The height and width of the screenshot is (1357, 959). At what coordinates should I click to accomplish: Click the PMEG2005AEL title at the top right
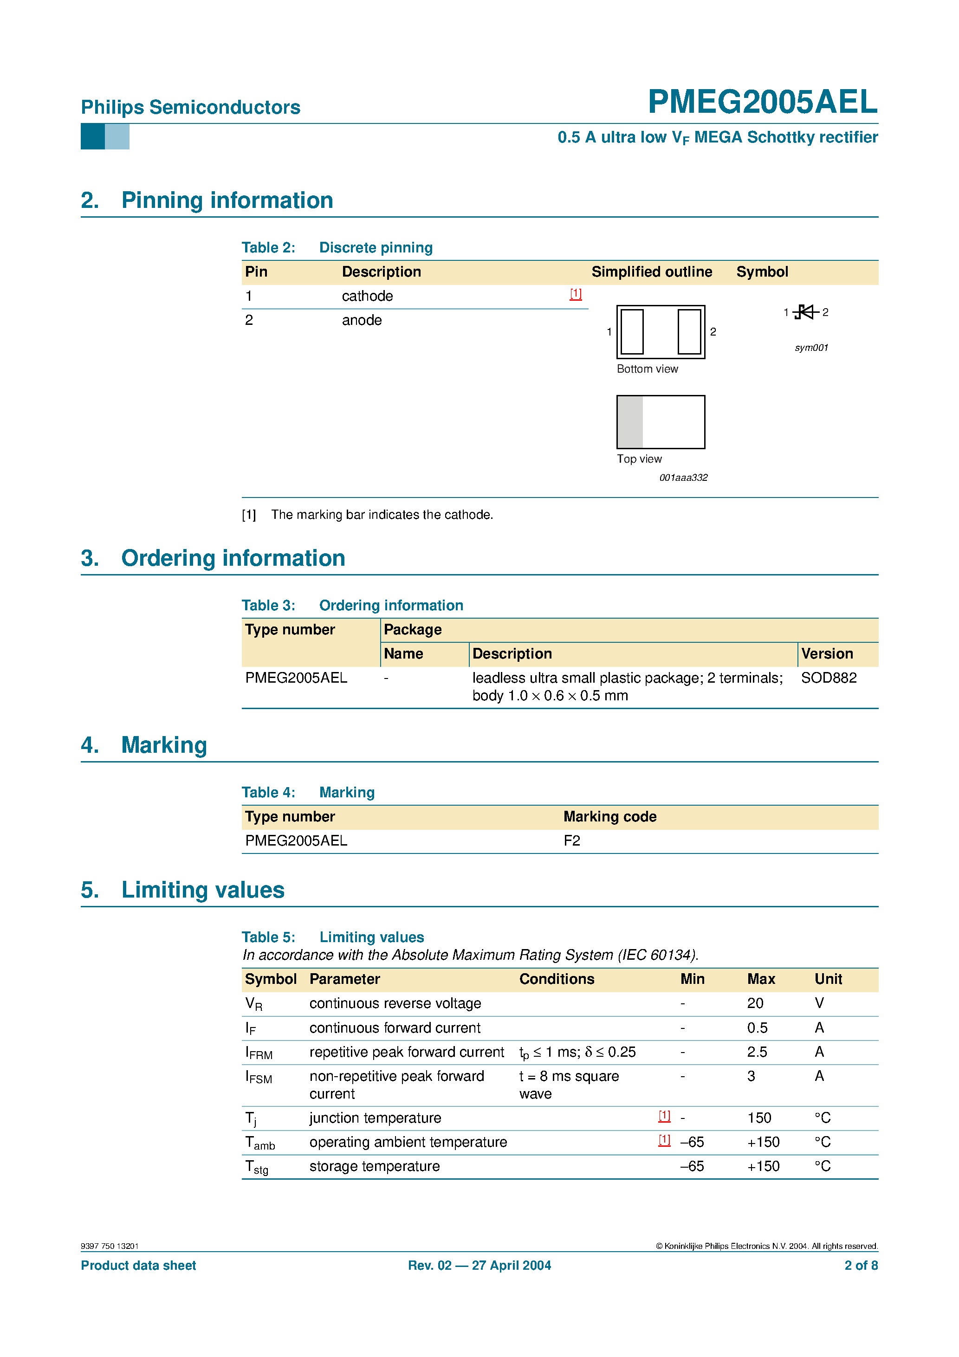(x=762, y=102)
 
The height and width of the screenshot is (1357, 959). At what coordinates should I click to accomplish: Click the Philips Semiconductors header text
(x=190, y=108)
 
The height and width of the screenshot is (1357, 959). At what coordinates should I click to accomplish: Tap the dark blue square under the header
(x=93, y=136)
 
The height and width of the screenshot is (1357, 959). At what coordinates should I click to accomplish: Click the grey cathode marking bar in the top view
(x=630, y=422)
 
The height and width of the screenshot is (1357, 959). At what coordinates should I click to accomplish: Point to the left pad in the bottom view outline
(x=632, y=331)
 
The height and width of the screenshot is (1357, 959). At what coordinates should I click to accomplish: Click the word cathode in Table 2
(x=367, y=296)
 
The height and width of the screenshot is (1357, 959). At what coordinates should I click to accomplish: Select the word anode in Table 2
(x=362, y=320)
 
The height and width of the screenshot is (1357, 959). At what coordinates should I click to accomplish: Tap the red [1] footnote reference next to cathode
(x=575, y=294)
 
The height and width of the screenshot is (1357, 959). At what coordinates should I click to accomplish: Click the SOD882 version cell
(x=829, y=678)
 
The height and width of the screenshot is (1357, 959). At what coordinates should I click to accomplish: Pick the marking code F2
(x=572, y=840)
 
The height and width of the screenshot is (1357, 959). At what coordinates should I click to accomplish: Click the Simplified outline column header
(x=652, y=272)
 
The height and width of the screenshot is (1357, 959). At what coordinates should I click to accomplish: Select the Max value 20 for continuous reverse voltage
(x=755, y=1003)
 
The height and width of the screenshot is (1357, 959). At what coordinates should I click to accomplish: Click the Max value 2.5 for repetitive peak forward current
(x=757, y=1052)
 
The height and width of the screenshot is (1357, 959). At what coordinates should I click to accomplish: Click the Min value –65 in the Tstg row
(x=692, y=1166)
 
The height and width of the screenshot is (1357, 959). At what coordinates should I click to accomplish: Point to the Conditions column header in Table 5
(x=557, y=979)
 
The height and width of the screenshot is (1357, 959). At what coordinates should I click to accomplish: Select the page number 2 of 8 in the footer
(x=861, y=1266)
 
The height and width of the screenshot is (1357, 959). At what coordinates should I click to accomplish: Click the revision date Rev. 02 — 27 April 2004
(x=479, y=1266)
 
